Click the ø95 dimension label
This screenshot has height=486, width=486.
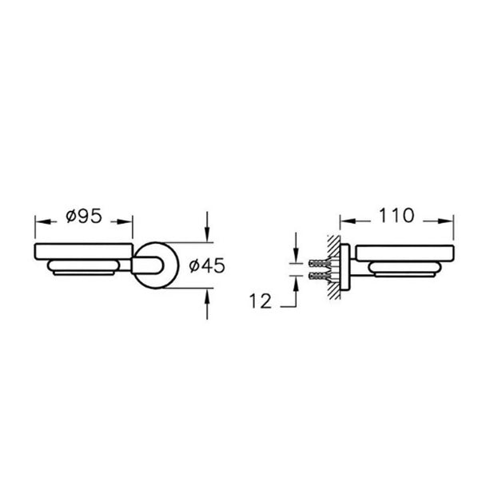click(x=84, y=216)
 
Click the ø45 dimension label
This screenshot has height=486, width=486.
click(x=207, y=265)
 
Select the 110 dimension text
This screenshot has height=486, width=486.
click(x=396, y=215)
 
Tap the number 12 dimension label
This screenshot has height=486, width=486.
click(x=261, y=301)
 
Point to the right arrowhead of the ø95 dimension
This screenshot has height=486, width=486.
click(x=125, y=221)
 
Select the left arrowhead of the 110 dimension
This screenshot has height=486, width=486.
click(x=347, y=221)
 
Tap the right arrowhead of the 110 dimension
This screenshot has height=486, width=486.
click(x=446, y=221)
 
